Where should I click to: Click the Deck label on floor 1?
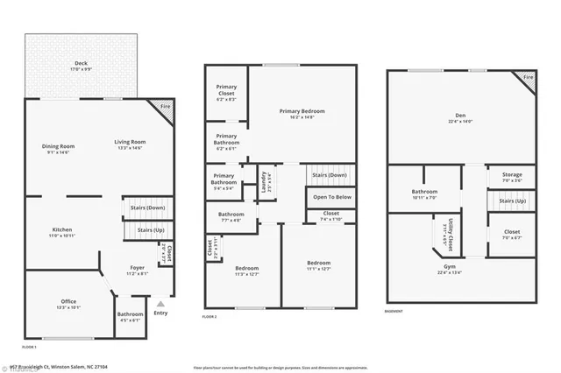(x=81, y=62)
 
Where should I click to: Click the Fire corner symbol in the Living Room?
(x=164, y=109)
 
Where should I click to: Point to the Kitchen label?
(x=60, y=233)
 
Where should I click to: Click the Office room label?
(x=68, y=304)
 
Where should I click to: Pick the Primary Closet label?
(x=226, y=97)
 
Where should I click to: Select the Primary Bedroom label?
(x=302, y=114)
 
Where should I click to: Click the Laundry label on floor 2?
(x=265, y=180)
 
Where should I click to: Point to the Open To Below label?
(x=332, y=197)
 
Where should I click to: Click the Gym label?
(x=449, y=267)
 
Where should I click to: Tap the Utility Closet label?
(x=449, y=231)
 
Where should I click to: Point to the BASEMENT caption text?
(x=395, y=312)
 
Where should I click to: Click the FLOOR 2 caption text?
(x=210, y=316)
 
